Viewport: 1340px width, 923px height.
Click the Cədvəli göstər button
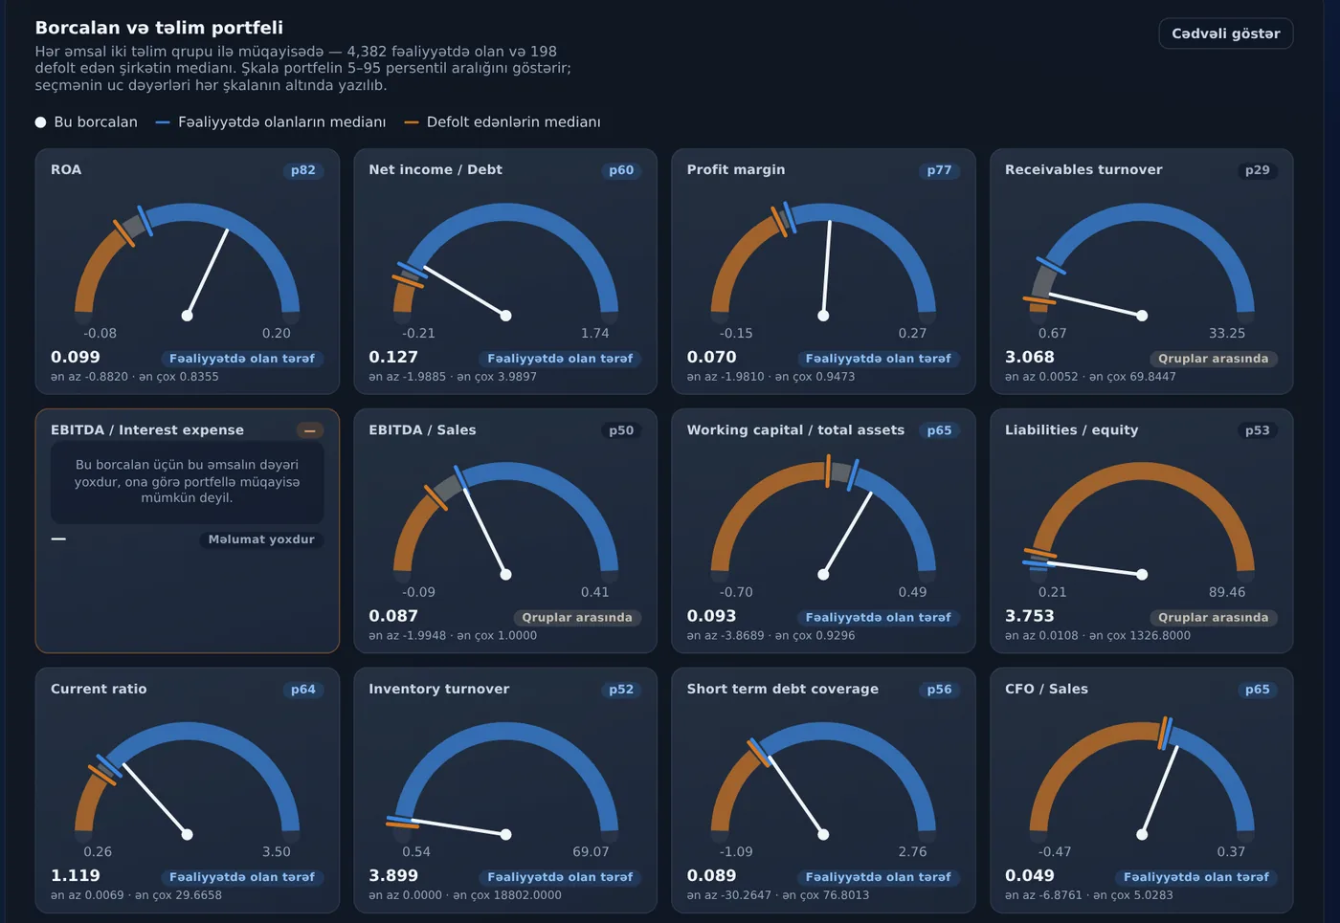(1226, 33)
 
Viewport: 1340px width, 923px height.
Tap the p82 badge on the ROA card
(303, 170)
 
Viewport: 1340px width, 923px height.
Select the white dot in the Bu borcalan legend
(40, 122)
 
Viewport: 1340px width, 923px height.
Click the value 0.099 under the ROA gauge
(76, 357)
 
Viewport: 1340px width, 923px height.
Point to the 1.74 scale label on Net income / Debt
(594, 333)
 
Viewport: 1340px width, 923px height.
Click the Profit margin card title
(736, 170)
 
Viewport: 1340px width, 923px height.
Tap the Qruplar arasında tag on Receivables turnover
(1214, 359)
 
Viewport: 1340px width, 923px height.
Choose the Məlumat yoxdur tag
(261, 539)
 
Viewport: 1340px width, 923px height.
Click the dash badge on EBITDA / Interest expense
(310, 430)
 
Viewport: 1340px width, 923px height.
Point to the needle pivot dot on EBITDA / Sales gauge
(505, 575)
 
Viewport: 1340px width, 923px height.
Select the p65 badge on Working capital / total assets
(939, 430)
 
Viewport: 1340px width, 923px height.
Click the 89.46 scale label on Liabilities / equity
(1227, 592)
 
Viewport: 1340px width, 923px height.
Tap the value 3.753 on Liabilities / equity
(1030, 616)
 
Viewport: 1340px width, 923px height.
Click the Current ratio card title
(99, 689)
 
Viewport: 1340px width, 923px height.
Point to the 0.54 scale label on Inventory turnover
(416, 851)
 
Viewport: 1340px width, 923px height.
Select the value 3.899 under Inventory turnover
(393, 875)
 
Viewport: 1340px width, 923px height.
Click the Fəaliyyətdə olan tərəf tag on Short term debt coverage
(879, 877)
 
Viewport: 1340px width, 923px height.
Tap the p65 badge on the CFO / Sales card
(1258, 690)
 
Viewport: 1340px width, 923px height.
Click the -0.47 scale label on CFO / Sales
(1055, 851)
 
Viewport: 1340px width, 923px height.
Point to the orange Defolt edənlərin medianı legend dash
(412, 122)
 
